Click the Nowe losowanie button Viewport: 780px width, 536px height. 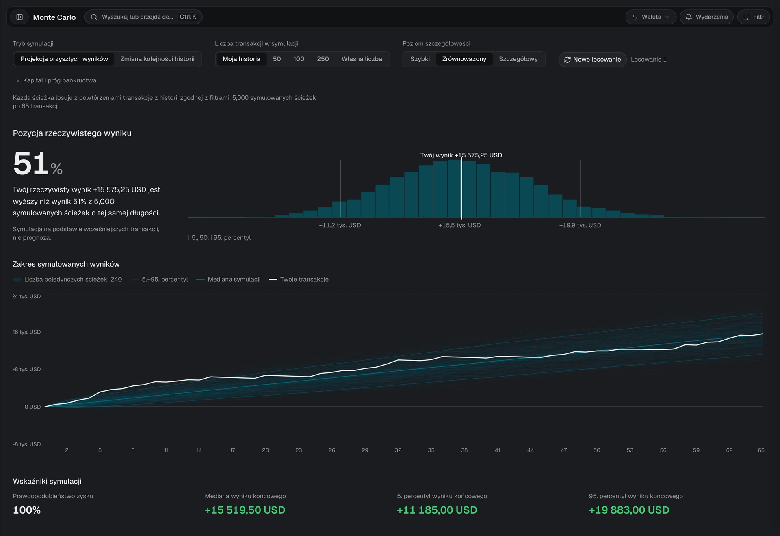pyautogui.click(x=592, y=60)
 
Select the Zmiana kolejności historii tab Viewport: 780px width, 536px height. pyautogui.click(x=157, y=59)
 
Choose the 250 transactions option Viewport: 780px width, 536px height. pyautogui.click(x=323, y=59)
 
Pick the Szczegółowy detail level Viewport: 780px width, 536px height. pyautogui.click(x=518, y=59)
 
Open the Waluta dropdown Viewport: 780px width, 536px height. pyautogui.click(x=651, y=17)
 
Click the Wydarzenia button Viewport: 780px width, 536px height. pyautogui.click(x=706, y=17)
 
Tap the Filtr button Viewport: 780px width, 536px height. pyautogui.click(x=754, y=17)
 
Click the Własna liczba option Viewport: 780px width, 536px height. pyautogui.click(x=362, y=59)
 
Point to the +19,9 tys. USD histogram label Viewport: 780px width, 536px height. pyautogui.click(x=580, y=225)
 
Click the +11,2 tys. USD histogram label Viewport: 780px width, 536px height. pyautogui.click(x=340, y=225)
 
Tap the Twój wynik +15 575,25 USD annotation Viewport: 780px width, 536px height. pyautogui.click(x=461, y=155)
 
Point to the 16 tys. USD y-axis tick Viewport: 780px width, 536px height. pyautogui.click(x=27, y=332)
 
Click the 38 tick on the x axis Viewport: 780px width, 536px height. pyautogui.click(x=464, y=450)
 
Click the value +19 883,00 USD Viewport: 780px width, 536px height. pyautogui.click(x=629, y=510)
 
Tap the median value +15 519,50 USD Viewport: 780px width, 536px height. pyautogui.click(x=245, y=510)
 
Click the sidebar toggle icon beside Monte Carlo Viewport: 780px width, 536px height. pyautogui.click(x=19, y=17)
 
